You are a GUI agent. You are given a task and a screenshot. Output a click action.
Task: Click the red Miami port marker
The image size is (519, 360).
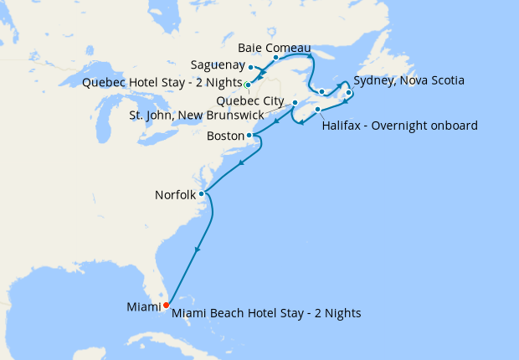pos(166,304)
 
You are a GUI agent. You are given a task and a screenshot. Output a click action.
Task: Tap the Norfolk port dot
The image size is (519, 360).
pos(201,193)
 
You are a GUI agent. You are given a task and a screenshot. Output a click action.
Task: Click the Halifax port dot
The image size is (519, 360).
pos(318,110)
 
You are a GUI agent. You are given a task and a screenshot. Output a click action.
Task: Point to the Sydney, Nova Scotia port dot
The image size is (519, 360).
pos(348,92)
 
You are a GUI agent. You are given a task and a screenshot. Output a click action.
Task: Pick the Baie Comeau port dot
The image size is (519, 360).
pos(275,58)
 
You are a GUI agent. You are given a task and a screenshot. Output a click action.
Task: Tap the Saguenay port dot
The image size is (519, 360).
pos(251,67)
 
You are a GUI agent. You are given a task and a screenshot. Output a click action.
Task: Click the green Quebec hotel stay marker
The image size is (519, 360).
pos(248,85)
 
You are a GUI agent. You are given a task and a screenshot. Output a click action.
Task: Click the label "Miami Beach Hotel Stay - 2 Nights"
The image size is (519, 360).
pos(266,313)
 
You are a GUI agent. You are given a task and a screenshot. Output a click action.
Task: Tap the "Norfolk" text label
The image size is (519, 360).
pos(175,194)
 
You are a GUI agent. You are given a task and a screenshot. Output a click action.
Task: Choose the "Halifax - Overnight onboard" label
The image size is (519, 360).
pos(399,126)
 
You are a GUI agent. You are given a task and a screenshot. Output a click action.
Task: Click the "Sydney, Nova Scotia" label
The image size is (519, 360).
pos(409,81)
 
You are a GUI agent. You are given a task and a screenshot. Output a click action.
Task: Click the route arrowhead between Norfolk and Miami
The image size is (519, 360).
pos(198,249)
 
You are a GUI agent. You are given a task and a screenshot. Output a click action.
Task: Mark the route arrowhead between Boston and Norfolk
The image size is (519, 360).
pos(240,163)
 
